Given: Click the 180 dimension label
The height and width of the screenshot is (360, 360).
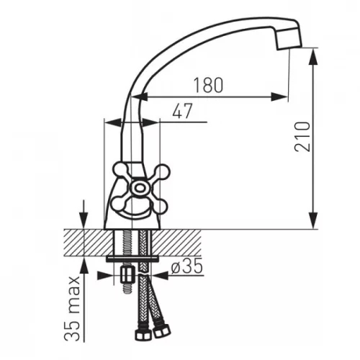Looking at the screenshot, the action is [208, 85].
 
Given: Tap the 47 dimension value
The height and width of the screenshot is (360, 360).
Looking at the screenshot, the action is [182, 111].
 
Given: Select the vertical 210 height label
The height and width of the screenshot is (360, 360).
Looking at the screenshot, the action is [302, 137].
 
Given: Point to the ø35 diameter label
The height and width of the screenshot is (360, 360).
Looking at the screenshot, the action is [187, 266].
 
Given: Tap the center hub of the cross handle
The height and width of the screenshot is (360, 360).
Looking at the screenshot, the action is [139, 187].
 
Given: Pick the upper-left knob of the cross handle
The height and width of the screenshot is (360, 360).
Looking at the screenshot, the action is [121, 170].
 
